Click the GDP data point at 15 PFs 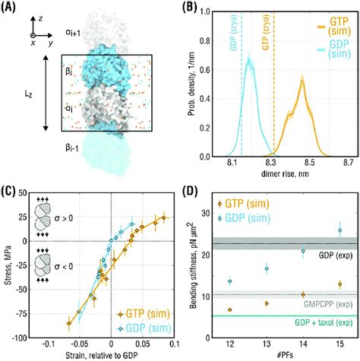click(x=339, y=230)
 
